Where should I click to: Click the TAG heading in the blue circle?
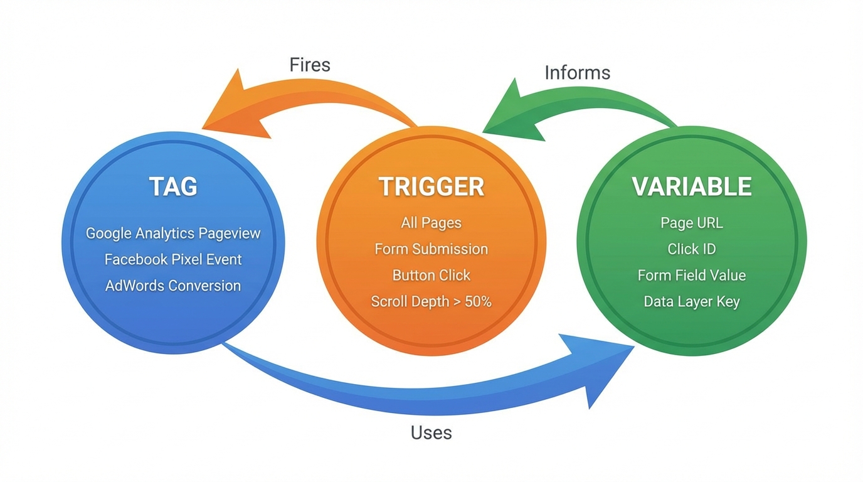pos(173,186)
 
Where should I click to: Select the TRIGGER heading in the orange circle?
pos(431,186)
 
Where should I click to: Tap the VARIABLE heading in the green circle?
pos(691,186)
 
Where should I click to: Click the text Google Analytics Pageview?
pos(173,233)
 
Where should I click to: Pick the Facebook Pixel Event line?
pos(173,259)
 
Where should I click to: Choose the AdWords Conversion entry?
pos(173,286)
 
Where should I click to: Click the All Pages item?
pos(431,223)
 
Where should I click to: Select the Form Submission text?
pos(431,249)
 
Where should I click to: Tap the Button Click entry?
pos(431,275)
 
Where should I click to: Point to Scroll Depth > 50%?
pos(431,301)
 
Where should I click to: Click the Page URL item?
pos(691,223)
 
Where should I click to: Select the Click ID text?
pos(691,249)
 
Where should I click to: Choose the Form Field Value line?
pos(691,275)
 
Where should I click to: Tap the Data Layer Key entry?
pos(691,301)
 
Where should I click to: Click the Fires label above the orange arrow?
pos(310,65)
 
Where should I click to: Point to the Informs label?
pos(577,73)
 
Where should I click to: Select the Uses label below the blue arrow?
pos(431,432)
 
